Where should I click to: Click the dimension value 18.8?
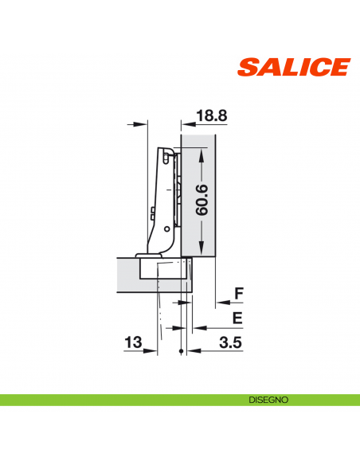pyautogui.click(x=210, y=116)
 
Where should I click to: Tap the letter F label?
pyautogui.click(x=237, y=295)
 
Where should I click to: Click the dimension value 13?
pyautogui.click(x=133, y=342)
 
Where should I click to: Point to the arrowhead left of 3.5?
pyautogui.click(x=190, y=351)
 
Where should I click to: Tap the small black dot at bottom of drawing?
pyautogui.click(x=182, y=352)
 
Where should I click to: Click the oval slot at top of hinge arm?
pyautogui.click(x=166, y=159)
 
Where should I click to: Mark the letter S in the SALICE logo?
pyautogui.click(x=248, y=67)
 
